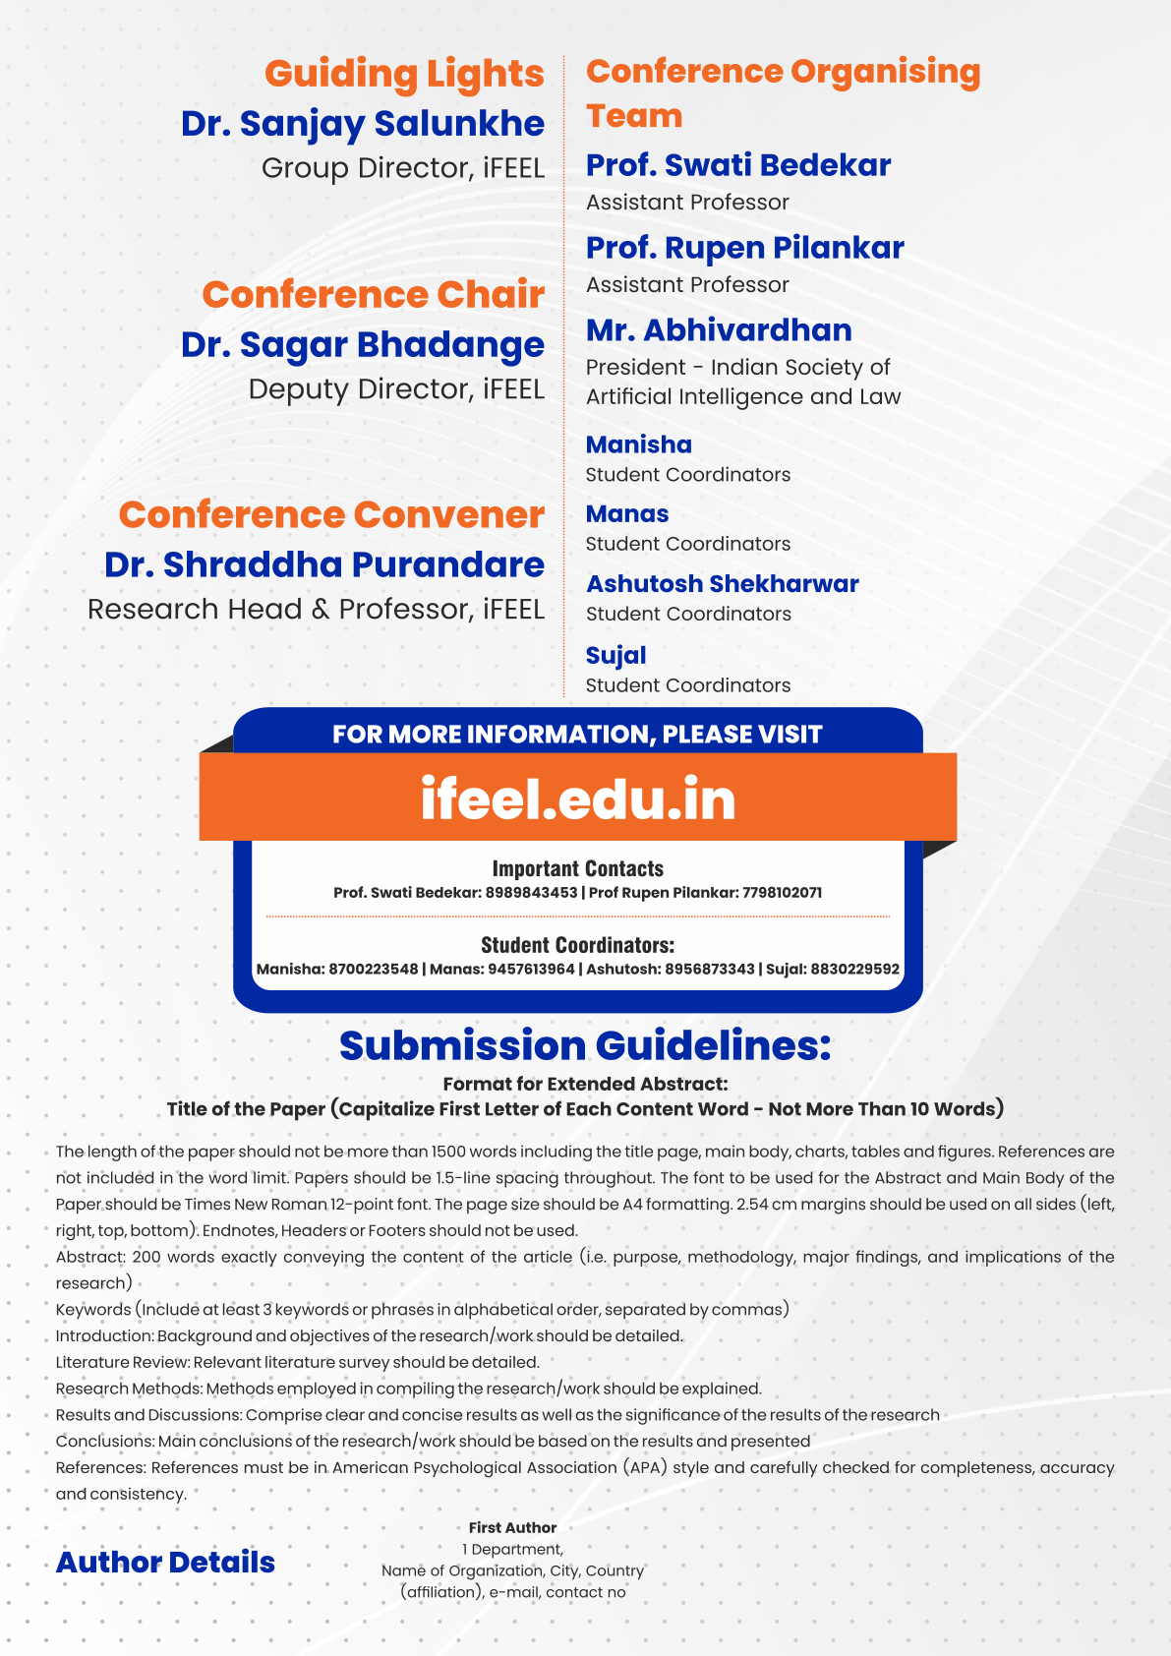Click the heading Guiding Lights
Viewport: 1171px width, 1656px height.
coord(404,74)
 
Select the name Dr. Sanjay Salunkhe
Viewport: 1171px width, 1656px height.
coord(362,124)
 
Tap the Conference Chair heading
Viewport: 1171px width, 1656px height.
coord(373,295)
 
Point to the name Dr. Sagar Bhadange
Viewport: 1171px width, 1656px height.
coord(362,345)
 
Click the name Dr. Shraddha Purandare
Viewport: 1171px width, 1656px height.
coord(324,564)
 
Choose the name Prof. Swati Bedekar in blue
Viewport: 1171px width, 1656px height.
coord(738,165)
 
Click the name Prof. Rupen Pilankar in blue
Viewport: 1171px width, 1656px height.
coord(744,248)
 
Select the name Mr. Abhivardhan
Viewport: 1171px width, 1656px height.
coord(719,330)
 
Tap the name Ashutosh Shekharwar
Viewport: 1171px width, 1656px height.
coord(723,584)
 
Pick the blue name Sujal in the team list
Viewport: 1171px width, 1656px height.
coord(615,656)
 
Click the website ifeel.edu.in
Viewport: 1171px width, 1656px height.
coord(578,798)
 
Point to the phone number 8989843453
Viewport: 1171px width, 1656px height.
coord(532,893)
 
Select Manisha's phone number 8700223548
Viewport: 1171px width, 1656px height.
coord(374,970)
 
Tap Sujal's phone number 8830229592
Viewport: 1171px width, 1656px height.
coord(854,970)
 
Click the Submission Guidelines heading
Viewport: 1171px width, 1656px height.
coord(585,1045)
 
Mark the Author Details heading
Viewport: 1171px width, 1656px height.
coord(165,1563)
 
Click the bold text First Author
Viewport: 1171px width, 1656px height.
coord(512,1528)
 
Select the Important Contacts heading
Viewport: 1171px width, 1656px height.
coord(578,869)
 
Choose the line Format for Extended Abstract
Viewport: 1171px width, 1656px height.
coord(585,1084)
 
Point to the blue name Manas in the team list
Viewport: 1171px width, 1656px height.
coord(627,514)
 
